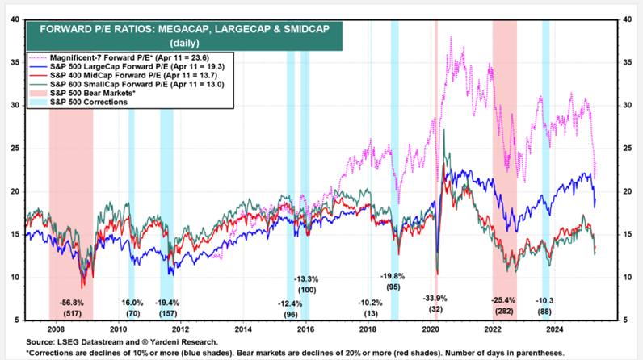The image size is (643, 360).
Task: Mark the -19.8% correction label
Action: point(393,277)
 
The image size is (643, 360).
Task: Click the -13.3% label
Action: point(306,279)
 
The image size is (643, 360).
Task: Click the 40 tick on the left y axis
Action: point(15,19)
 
